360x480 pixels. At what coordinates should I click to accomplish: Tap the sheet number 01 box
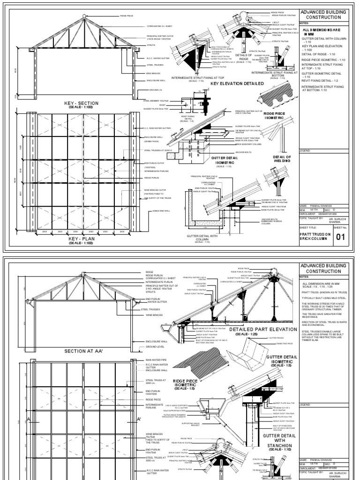pyautogui.click(x=339, y=237)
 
